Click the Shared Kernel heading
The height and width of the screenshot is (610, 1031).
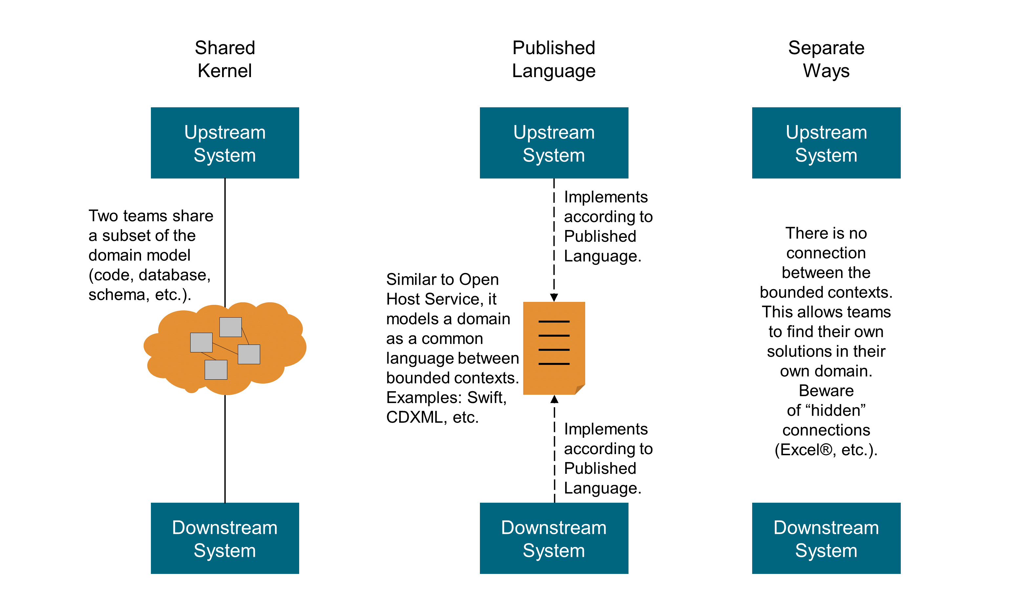[225, 59]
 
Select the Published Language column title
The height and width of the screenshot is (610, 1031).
[553, 59]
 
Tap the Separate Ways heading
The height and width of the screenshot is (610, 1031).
[826, 59]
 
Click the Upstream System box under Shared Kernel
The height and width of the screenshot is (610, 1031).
[225, 143]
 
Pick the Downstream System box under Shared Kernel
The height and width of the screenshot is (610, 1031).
[225, 538]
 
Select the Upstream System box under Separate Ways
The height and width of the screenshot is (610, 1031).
[826, 143]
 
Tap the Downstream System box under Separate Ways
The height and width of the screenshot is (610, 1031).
[826, 538]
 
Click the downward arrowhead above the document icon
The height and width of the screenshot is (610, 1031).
[554, 298]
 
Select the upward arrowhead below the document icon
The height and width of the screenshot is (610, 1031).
[554, 399]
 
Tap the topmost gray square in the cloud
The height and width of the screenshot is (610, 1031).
[231, 327]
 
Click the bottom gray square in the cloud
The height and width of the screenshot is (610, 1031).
[216, 369]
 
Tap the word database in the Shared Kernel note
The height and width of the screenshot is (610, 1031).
[172, 275]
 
